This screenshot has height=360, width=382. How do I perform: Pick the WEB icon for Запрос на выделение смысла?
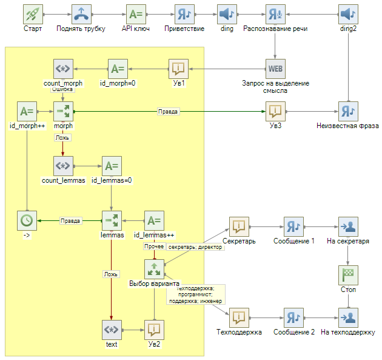[275, 69]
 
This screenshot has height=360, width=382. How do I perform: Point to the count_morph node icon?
[63, 69]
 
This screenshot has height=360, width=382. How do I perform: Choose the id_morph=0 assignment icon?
[118, 69]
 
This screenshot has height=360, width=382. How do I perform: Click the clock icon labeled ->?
[26, 220]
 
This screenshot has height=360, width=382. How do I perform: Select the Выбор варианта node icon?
[154, 269]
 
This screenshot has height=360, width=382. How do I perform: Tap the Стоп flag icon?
[348, 275]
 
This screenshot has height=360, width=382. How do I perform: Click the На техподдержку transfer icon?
[348, 318]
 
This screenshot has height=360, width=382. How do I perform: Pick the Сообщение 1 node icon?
[293, 226]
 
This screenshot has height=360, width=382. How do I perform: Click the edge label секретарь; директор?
[195, 247]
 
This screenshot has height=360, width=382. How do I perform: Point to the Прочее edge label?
[153, 246]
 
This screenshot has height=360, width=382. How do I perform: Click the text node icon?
[111, 330]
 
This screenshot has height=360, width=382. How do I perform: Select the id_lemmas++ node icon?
[154, 220]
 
